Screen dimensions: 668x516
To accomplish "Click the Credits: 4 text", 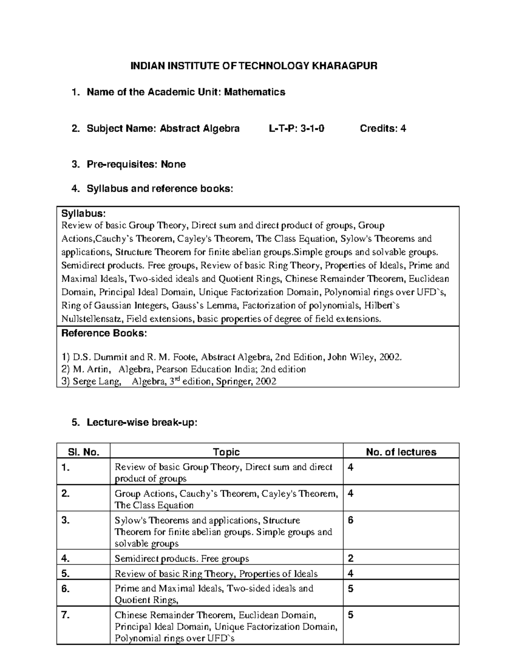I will (x=383, y=128).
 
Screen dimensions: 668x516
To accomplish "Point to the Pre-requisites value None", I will (x=173, y=164).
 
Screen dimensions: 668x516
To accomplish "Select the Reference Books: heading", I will (x=104, y=333).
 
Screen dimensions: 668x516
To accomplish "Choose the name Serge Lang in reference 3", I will (x=97, y=381).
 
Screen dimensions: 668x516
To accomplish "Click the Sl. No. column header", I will (x=83, y=452).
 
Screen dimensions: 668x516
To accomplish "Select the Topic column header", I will (x=226, y=452).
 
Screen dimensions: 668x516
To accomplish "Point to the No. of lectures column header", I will (x=401, y=452).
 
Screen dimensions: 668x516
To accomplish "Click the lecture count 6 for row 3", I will (x=350, y=520).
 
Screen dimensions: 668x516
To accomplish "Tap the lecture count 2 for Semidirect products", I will (x=350, y=559).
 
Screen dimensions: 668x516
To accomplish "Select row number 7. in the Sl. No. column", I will (x=65, y=615).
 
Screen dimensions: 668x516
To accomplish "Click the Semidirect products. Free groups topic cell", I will (x=182, y=559).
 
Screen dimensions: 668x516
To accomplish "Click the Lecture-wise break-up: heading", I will (x=142, y=422).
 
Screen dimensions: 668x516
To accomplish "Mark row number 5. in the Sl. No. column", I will (x=65, y=573).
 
